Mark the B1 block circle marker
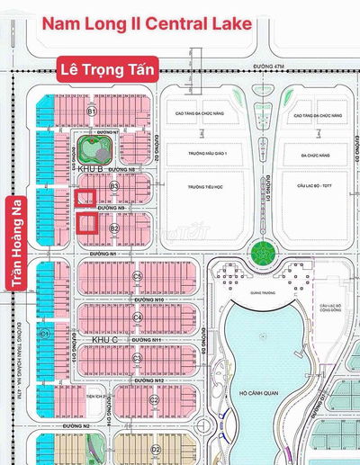click(91, 110)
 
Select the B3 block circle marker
click(114, 185)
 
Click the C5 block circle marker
click(138, 276)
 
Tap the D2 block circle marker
click(155, 447)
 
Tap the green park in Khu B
click(93, 146)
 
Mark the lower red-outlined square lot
click(86, 222)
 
